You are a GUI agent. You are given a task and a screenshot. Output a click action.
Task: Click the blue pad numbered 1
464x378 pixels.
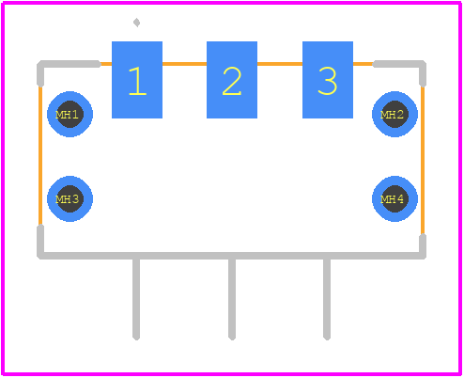137,80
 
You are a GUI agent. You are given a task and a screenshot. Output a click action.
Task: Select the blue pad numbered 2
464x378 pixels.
232,80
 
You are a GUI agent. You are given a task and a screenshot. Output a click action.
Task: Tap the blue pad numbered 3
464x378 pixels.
328,80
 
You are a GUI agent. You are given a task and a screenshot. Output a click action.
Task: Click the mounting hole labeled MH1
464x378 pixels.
70,114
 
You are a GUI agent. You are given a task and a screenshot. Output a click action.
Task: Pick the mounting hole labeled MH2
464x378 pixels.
394,114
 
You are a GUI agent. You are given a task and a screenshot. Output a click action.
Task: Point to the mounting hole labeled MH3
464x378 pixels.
70,198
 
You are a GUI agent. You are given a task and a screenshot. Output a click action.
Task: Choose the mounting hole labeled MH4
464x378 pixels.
394,198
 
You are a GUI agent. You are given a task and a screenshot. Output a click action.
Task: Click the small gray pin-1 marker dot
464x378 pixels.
136,23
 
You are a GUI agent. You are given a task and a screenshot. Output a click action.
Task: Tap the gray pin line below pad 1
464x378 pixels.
136,299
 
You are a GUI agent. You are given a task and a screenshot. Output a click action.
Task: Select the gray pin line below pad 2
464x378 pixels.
232,299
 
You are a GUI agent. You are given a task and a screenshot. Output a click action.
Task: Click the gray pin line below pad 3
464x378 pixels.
327,299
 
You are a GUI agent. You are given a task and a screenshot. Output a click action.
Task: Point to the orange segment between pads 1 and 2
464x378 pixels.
184,64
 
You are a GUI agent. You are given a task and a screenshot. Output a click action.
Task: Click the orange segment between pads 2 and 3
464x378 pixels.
280,64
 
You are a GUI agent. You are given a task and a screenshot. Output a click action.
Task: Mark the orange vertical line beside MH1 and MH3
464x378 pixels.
40,155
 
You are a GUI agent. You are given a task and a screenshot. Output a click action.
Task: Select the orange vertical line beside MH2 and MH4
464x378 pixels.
423,160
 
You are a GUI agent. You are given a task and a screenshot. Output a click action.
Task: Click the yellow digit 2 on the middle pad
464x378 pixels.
232,82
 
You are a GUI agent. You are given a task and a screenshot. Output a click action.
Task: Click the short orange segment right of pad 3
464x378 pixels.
363,64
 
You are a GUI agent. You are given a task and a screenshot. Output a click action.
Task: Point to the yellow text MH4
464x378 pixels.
392,199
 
